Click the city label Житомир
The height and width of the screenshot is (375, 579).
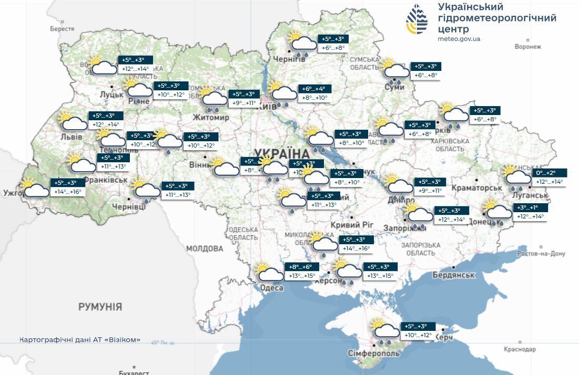coord(211,118)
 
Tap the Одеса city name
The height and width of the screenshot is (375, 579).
coord(271,288)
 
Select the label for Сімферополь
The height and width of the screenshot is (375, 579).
coord(373,353)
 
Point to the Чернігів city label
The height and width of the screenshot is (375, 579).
coord(289,59)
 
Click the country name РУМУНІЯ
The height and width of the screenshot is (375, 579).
coord(100,307)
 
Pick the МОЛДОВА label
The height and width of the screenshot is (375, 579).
coord(205,248)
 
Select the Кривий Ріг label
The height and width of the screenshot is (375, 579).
coord(352,225)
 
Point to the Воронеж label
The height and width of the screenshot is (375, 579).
coord(528,47)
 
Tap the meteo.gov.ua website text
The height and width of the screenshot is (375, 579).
coord(459,39)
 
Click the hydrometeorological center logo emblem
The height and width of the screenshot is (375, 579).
coord(420,20)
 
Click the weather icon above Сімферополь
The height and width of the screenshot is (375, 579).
coord(385,330)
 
